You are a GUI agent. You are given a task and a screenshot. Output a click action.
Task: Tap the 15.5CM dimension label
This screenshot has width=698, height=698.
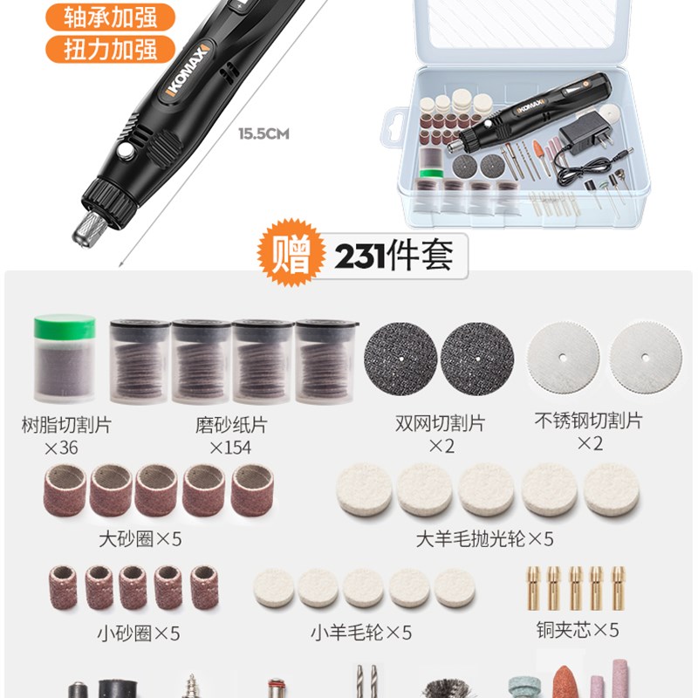tap(263, 134)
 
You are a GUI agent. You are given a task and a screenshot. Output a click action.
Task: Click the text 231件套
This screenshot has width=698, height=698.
tap(393, 256)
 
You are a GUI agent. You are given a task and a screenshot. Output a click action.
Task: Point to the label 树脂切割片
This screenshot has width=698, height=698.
tap(66, 425)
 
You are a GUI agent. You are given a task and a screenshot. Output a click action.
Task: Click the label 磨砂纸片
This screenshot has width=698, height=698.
tap(231, 425)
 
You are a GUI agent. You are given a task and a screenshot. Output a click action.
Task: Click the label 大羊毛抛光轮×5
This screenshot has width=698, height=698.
tap(484, 538)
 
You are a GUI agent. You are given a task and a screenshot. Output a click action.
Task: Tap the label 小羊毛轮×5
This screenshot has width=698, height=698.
tap(361, 631)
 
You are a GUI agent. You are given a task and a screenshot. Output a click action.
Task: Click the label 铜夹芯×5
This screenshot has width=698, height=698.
tap(578, 629)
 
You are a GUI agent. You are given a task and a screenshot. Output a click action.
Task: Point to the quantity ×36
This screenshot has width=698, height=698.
tap(61, 448)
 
